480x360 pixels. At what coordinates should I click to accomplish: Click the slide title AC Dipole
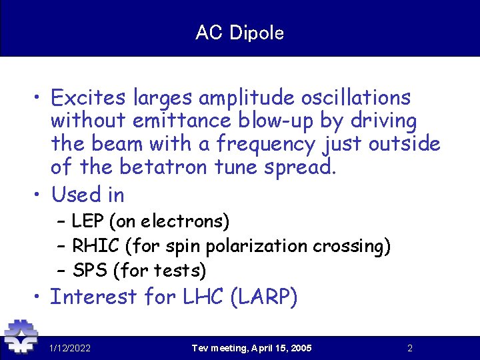click(x=240, y=33)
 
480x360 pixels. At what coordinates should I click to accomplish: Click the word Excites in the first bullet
click(x=89, y=98)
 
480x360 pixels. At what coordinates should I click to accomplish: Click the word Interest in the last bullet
click(x=93, y=297)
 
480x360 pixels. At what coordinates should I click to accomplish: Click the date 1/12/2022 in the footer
click(x=70, y=348)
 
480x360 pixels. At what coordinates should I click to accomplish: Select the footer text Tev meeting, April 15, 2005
click(x=251, y=348)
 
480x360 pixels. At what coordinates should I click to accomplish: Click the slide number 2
click(x=410, y=348)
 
